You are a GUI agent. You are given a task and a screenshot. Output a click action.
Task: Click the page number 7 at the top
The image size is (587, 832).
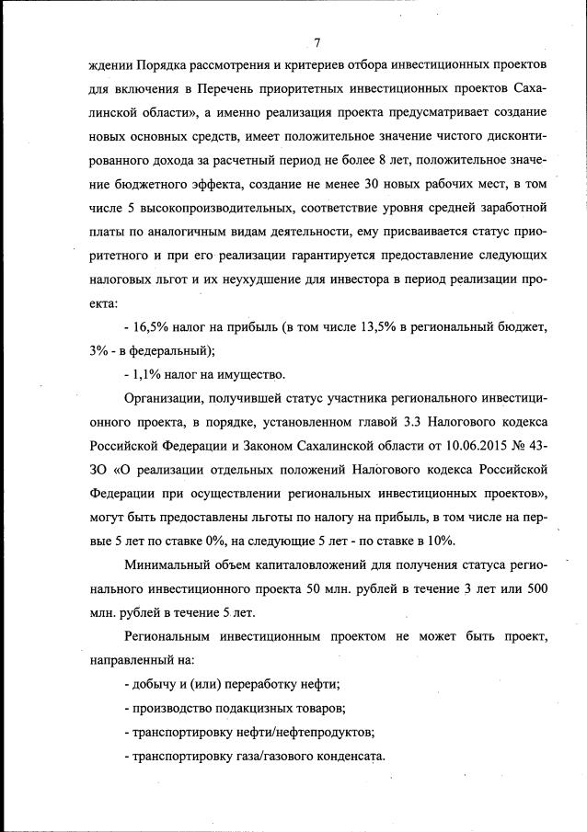tap(316, 41)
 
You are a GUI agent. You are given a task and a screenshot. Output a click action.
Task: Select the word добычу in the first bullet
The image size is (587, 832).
tap(150, 684)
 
